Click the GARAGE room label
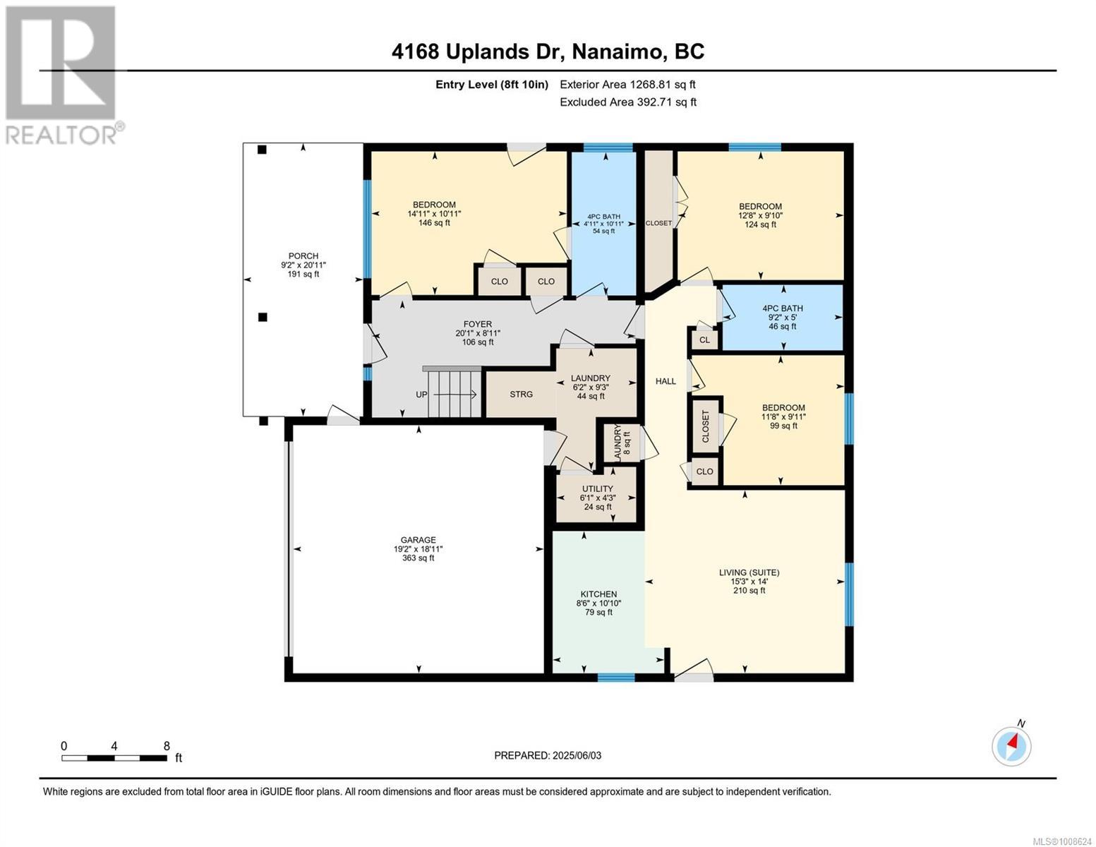(418, 540)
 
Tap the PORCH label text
(303, 256)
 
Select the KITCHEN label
(598, 594)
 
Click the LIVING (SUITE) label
(749, 572)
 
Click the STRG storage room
(521, 394)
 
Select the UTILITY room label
(597, 488)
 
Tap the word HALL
(666, 381)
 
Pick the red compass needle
(1014, 743)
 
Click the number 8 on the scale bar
(167, 746)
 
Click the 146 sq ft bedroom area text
(434, 223)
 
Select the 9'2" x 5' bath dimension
(783, 318)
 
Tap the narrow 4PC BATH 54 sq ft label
(603, 223)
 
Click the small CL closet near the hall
(704, 340)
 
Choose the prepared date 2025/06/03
(548, 755)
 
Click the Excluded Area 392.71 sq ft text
(627, 102)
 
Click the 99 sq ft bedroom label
(783, 426)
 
